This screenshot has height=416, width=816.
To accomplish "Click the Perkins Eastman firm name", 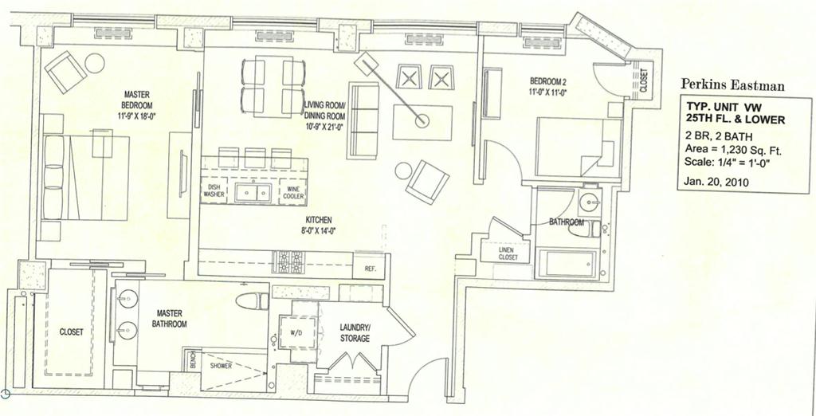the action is click(x=732, y=84).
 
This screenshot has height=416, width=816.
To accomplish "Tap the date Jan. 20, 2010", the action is click(x=717, y=182).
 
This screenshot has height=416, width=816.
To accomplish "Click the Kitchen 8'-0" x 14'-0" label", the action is click(x=319, y=225).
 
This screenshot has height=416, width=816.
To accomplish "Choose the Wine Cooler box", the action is click(x=292, y=191).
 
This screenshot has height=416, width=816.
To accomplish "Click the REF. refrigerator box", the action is click(x=370, y=269).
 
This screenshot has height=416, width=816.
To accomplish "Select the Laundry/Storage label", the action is click(x=355, y=333).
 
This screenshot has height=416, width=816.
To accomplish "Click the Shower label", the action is click(x=221, y=367).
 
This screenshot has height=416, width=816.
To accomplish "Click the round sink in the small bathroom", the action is click(x=590, y=200).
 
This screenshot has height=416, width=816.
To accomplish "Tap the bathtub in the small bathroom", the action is click(x=567, y=264).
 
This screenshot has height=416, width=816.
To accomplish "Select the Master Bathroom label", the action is click(x=171, y=319).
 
